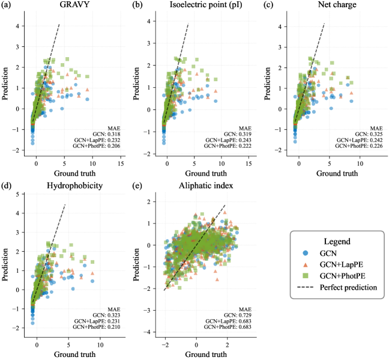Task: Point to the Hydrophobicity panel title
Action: [x=65, y=186]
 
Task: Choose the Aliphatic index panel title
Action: [x=196, y=186]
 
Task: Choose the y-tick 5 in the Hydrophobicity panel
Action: [x=19, y=195]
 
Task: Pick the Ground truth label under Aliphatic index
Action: [x=196, y=355]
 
